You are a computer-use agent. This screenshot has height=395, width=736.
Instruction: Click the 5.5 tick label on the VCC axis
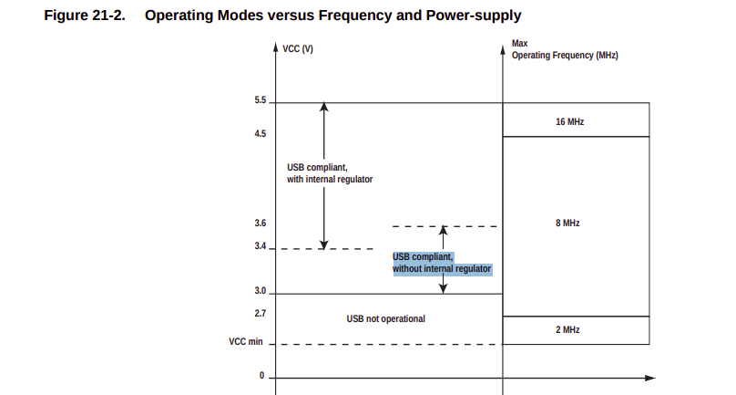(260, 100)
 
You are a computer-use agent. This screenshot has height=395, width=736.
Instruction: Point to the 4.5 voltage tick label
(260, 134)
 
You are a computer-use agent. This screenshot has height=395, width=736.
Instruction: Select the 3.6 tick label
(260, 223)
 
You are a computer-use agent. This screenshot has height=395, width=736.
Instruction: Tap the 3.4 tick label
(260, 246)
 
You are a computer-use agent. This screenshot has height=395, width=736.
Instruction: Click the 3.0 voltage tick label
(260, 291)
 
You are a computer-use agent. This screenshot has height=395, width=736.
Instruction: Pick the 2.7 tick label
(260, 313)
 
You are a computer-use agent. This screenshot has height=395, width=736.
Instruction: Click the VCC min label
(246, 342)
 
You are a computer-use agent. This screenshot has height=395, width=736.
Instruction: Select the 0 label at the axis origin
(262, 376)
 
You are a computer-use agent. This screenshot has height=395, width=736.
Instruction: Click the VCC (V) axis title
(298, 49)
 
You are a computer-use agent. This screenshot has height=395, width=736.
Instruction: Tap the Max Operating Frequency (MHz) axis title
(565, 49)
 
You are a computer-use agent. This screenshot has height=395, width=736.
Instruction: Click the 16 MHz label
(570, 122)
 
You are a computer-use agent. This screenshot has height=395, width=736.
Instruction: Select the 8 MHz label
(568, 223)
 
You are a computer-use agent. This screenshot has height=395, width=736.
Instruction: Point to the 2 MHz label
(568, 329)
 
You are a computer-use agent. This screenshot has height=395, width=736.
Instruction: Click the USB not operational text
(386, 318)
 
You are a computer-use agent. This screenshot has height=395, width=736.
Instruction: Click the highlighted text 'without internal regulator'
(442, 269)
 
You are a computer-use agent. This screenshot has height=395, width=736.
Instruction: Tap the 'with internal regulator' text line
(330, 179)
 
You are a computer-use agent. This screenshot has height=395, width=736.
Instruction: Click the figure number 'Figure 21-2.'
(85, 16)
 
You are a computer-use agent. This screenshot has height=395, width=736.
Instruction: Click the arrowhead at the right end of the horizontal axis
(650, 378)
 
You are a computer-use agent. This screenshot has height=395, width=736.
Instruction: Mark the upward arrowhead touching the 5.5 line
(324, 107)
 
